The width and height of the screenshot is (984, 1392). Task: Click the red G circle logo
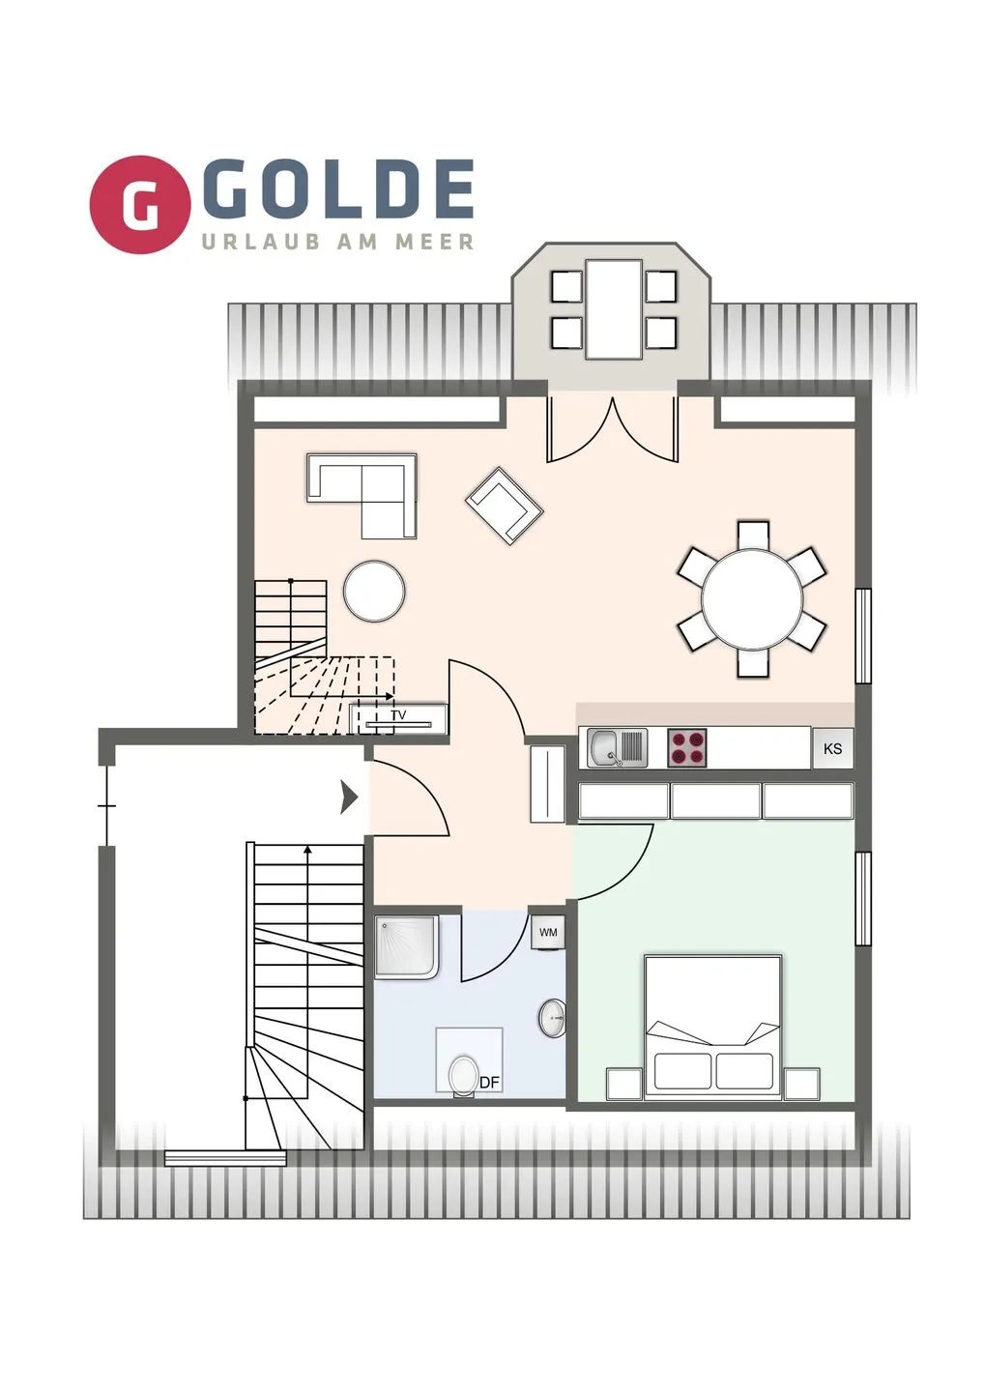[139, 205]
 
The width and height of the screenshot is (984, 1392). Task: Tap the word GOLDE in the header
[338, 190]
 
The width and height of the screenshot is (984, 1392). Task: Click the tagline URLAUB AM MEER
[338, 242]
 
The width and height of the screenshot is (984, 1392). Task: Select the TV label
[398, 715]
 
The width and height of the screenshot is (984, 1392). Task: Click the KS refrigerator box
[832, 748]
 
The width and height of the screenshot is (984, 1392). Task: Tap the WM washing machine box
[548, 933]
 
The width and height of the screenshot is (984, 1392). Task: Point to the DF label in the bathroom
[490, 1083]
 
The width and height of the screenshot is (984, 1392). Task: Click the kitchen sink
[616, 748]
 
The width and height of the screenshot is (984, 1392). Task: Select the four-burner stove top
[686, 748]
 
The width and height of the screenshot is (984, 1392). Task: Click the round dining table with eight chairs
[752, 599]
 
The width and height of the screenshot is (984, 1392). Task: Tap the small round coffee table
[374, 591]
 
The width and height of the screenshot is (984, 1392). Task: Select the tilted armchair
[504, 505]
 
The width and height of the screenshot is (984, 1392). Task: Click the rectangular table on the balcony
[614, 308]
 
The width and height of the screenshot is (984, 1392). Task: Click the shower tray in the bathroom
[406, 946]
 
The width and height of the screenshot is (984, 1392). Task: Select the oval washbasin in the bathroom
[553, 1018]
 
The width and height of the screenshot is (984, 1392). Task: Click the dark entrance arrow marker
[349, 797]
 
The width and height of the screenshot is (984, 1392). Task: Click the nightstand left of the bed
[622, 1084]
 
